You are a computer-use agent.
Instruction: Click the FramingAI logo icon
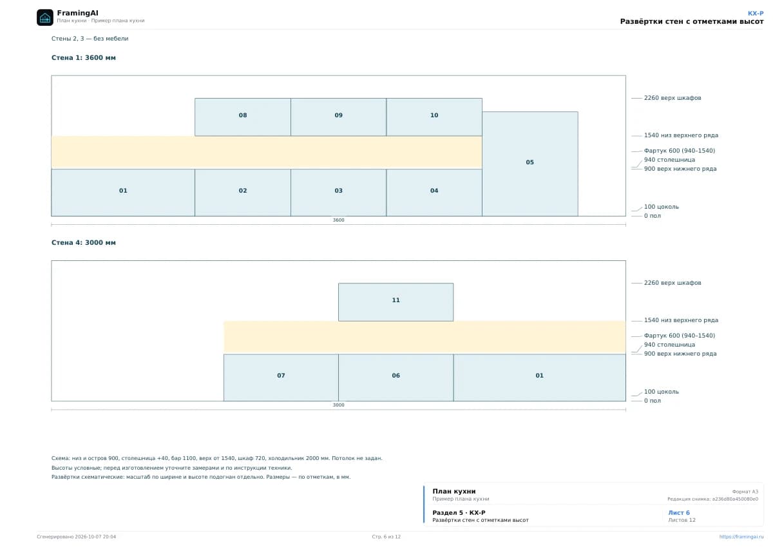(x=45, y=17)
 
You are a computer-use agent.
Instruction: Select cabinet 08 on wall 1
(x=243, y=117)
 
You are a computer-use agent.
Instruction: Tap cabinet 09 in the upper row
(x=338, y=117)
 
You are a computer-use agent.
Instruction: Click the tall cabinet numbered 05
(x=530, y=164)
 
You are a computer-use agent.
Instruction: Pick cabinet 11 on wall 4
(x=396, y=302)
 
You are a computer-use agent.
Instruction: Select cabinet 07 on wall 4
(x=281, y=378)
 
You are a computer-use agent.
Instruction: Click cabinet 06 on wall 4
(x=396, y=378)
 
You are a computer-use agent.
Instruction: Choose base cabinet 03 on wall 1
(x=338, y=193)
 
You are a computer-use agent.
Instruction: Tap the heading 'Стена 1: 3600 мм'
(x=84, y=57)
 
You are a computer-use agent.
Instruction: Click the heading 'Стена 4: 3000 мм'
(x=84, y=243)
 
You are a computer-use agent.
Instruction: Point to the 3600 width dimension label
(x=338, y=220)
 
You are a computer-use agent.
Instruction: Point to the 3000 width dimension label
(x=338, y=405)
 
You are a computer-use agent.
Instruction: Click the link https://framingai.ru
(x=741, y=537)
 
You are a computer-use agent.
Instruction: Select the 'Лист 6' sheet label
(x=679, y=512)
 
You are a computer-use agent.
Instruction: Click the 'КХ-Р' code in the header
(x=756, y=14)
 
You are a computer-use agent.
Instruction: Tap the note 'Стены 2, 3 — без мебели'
(x=90, y=38)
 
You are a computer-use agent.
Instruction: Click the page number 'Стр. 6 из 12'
(x=386, y=537)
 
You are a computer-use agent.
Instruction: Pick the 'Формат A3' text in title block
(x=745, y=492)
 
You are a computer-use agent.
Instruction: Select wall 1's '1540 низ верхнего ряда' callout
(x=681, y=135)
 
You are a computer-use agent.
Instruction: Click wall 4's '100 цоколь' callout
(x=661, y=392)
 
